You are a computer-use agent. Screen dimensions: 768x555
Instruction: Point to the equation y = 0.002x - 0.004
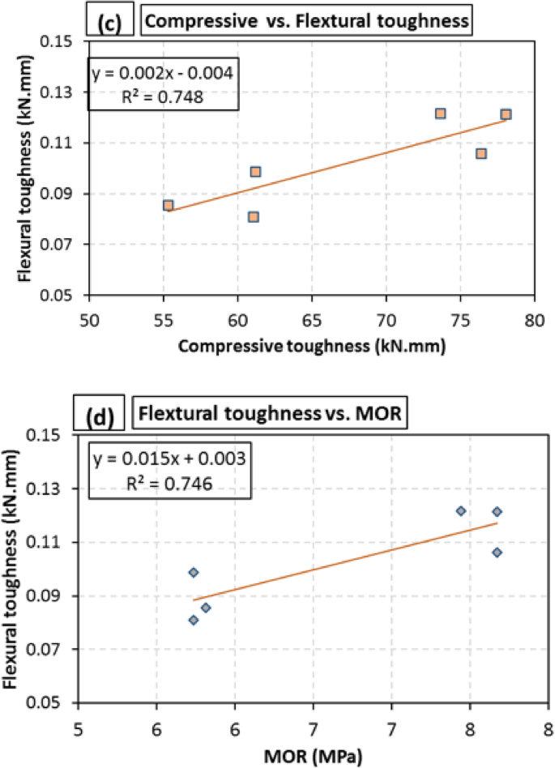click(163, 74)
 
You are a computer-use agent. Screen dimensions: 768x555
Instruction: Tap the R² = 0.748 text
click(163, 96)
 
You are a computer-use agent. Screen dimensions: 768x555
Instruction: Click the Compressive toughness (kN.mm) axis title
click(312, 345)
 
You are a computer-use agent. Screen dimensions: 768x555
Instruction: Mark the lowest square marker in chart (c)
click(254, 216)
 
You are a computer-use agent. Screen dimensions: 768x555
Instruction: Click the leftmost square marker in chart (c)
click(168, 206)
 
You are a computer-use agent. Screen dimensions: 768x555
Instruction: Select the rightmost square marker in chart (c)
click(506, 114)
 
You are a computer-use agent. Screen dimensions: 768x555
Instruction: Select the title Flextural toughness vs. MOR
click(271, 415)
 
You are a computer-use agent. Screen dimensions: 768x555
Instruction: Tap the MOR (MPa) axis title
click(313, 757)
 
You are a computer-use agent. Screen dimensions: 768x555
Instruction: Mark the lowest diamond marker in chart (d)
click(194, 620)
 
